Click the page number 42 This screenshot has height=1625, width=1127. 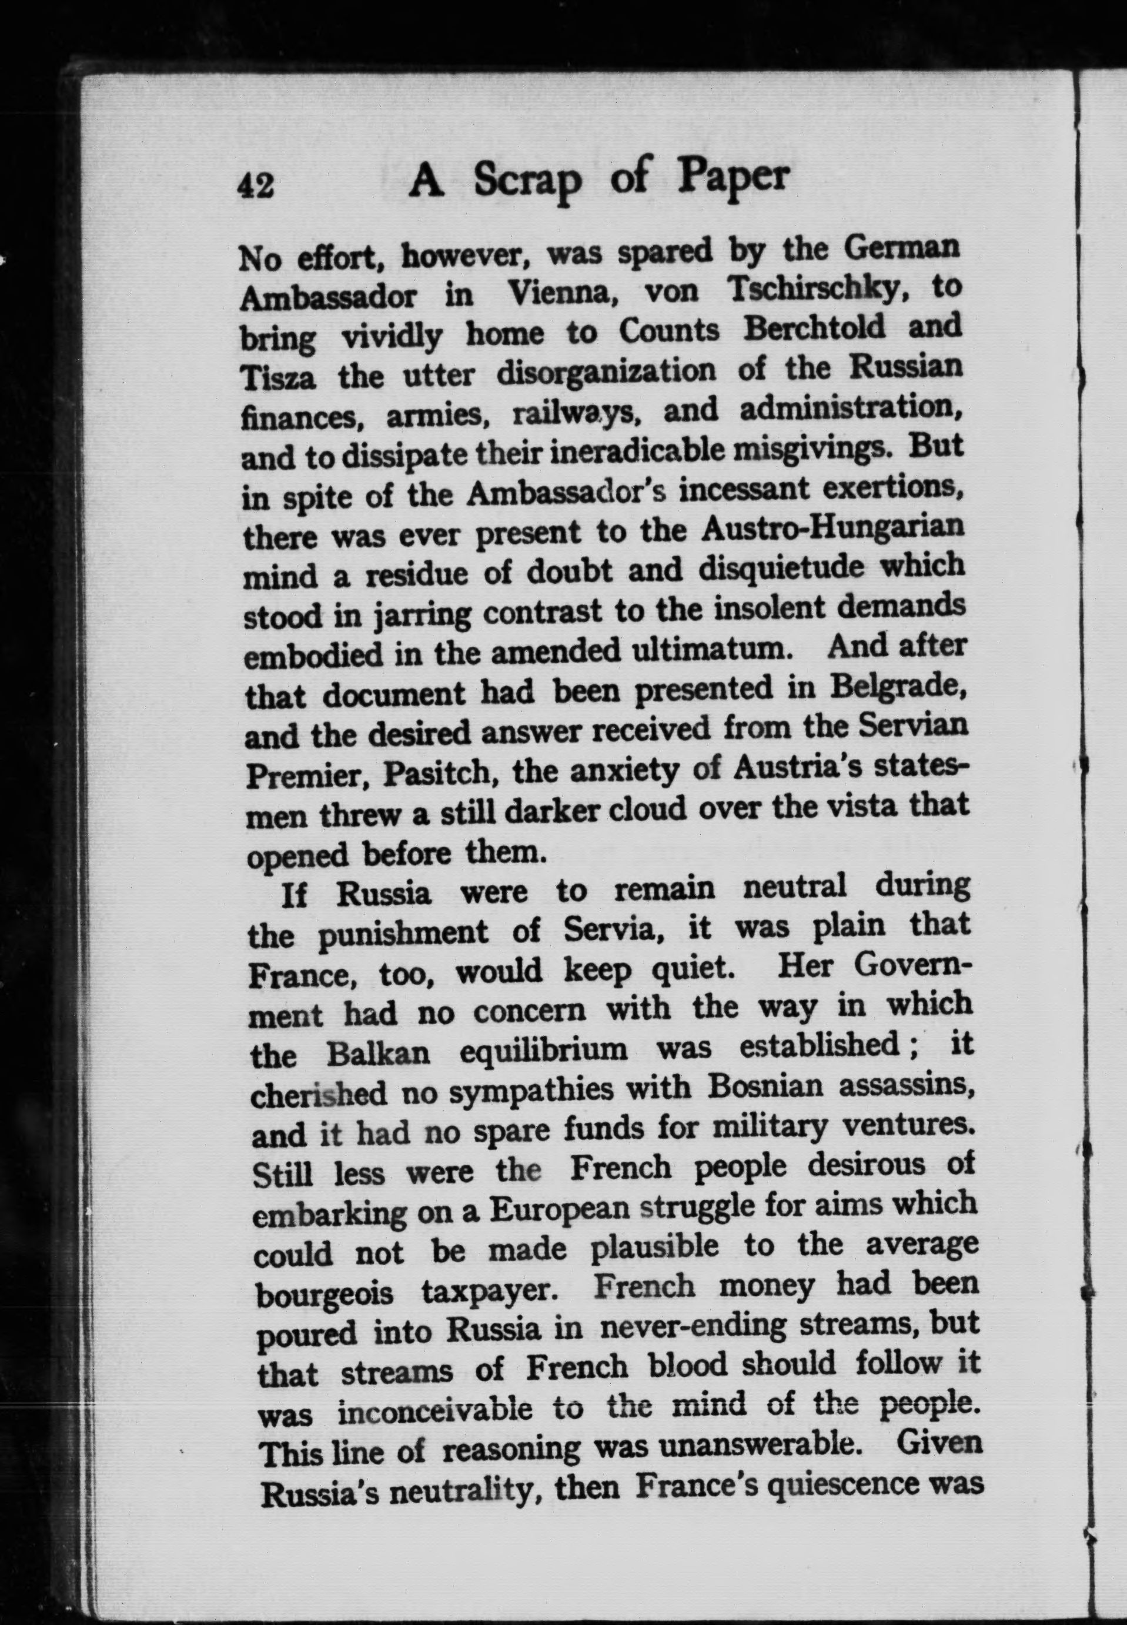pos(256,188)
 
